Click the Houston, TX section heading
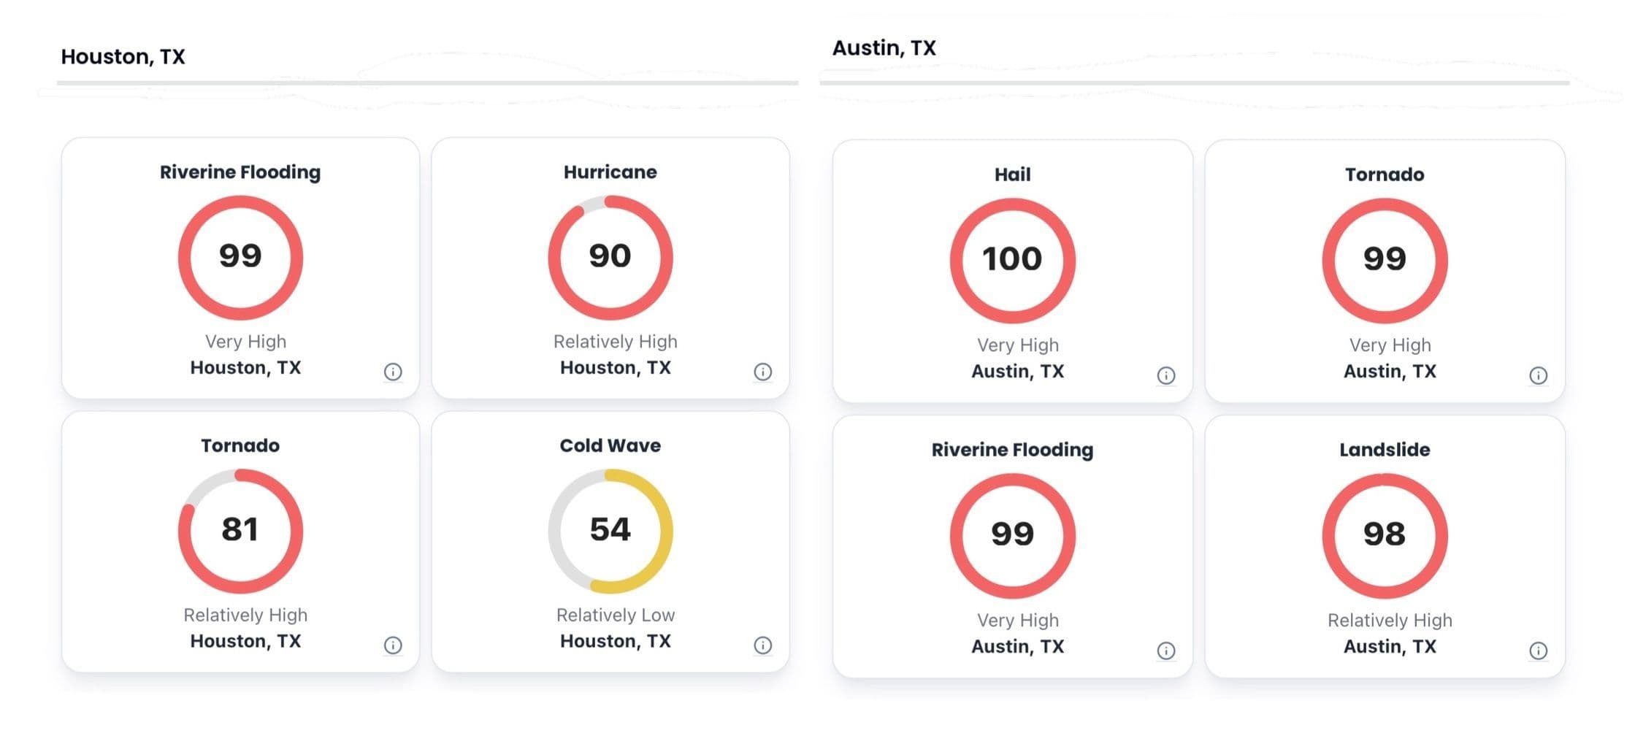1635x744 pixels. (123, 57)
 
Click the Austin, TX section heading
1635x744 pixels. (884, 48)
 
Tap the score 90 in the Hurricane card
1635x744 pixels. (610, 256)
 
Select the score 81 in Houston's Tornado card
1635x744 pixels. (240, 530)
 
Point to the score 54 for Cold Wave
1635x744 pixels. (610, 530)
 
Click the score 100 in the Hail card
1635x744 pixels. (1012, 259)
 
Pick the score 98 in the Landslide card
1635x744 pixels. (1384, 534)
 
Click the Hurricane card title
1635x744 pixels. (610, 172)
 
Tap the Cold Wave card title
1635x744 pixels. (610, 445)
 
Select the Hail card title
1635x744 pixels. (1012, 175)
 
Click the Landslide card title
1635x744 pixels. (1384, 450)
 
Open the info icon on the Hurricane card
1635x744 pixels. (762, 372)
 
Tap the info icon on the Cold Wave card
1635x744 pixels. (762, 645)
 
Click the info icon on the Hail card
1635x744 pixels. (1165, 375)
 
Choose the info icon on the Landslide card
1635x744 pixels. (1538, 651)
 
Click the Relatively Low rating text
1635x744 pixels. (615, 615)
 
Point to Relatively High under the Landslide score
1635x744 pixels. (1389, 621)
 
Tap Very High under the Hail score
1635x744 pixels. (1017, 345)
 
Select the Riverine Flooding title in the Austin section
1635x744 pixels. (1012, 450)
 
